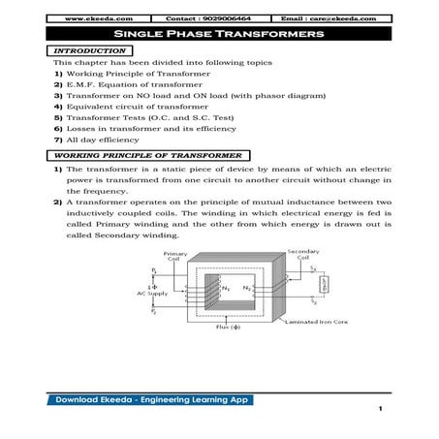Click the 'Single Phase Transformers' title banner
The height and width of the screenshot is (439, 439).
pyautogui.click(x=219, y=34)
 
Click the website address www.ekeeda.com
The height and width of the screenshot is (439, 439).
pyautogui.click(x=90, y=18)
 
